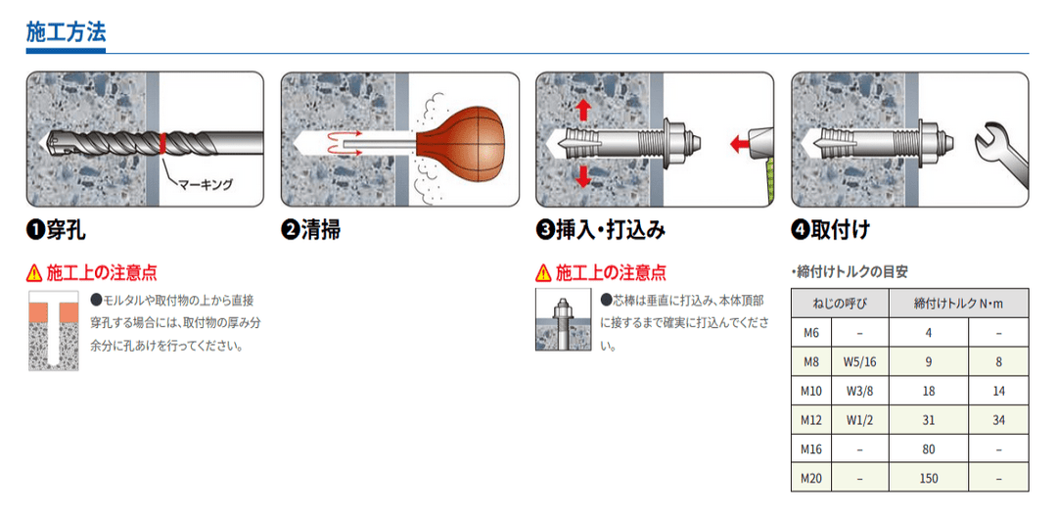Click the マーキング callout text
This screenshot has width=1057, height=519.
click(x=205, y=183)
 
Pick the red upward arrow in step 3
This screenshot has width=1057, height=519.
click(x=584, y=108)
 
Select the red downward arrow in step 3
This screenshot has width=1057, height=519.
click(x=584, y=175)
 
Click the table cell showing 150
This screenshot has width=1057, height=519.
click(x=928, y=479)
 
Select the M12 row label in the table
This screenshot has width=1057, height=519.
click(x=809, y=420)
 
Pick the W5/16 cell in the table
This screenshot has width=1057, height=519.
click(x=858, y=361)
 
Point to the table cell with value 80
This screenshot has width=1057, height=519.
click(x=928, y=449)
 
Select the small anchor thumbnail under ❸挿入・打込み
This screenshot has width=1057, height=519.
click(x=563, y=319)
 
